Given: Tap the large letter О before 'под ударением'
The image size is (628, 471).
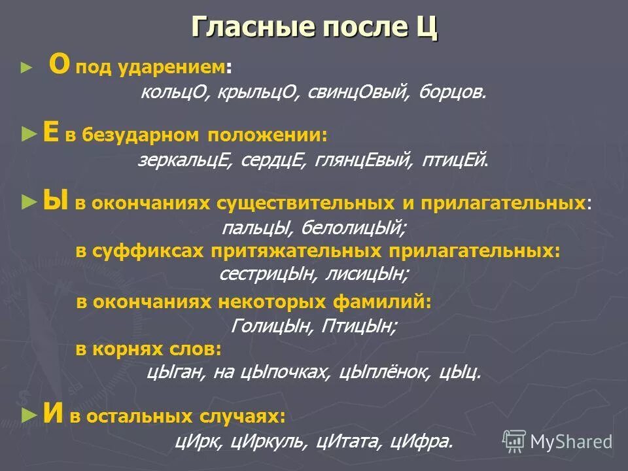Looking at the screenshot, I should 60,66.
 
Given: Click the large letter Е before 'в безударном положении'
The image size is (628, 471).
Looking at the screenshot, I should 50,133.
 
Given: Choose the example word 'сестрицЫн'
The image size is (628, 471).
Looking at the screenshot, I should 265,274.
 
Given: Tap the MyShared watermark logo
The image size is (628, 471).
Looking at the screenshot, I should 557,441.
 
